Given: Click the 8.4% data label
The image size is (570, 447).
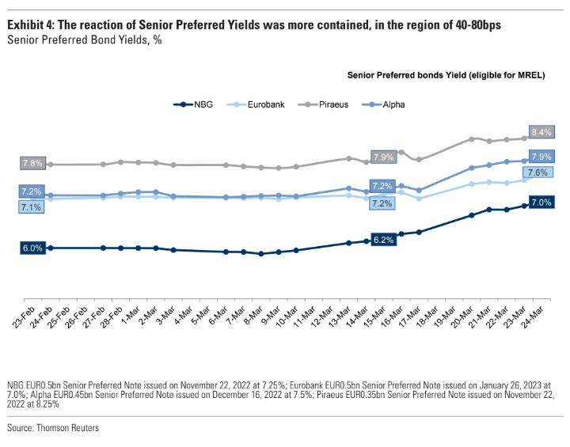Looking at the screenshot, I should pos(542,131).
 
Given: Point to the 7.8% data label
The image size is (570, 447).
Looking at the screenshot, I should pos(32,163).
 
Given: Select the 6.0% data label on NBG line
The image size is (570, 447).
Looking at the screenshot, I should pos(32,248).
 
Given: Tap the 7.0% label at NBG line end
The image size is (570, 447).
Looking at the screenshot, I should pos(541,203).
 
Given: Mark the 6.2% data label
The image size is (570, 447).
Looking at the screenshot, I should pos(383,239).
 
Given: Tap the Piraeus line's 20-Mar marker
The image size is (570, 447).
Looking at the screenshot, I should pos(472,138).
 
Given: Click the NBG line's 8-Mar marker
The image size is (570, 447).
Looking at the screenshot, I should pos(261,254).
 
